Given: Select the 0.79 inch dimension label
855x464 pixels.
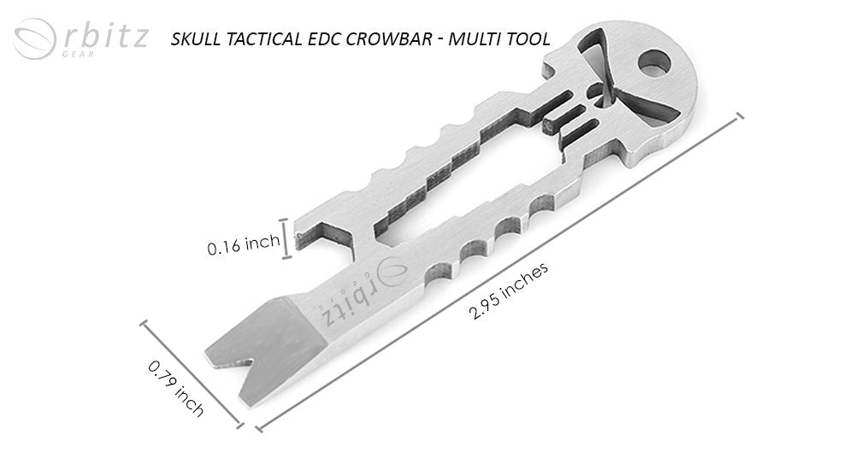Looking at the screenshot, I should coord(175,389).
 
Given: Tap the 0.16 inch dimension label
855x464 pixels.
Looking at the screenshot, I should coord(243,247).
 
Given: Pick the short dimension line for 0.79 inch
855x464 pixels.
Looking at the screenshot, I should coord(192,372).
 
